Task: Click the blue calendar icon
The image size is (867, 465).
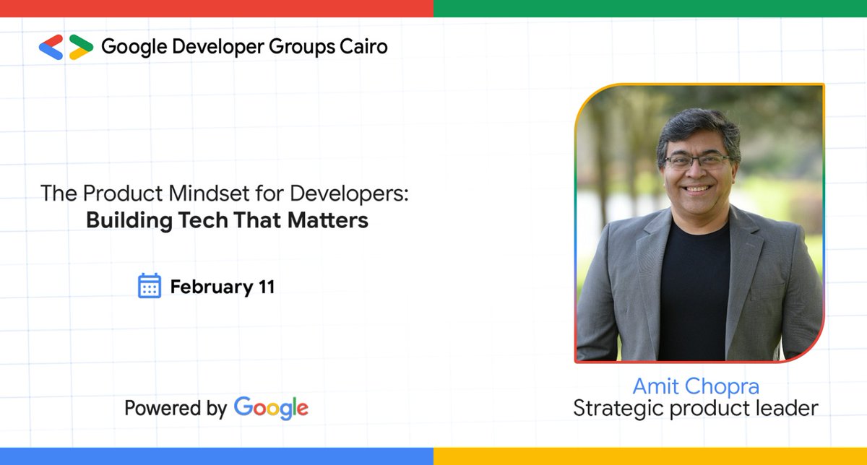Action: pyautogui.click(x=149, y=286)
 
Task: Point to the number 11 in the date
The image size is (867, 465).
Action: pyautogui.click(x=266, y=287)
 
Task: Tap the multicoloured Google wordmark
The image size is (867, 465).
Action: pyautogui.click(x=271, y=408)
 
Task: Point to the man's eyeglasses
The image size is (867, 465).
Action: pyautogui.click(x=698, y=160)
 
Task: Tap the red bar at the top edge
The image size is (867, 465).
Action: pyautogui.click(x=217, y=8)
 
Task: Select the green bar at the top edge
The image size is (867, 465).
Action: pyautogui.click(x=650, y=8)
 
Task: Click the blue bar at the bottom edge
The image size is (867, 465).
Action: pyautogui.click(x=217, y=456)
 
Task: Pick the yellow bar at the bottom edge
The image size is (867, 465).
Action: pyautogui.click(x=650, y=456)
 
